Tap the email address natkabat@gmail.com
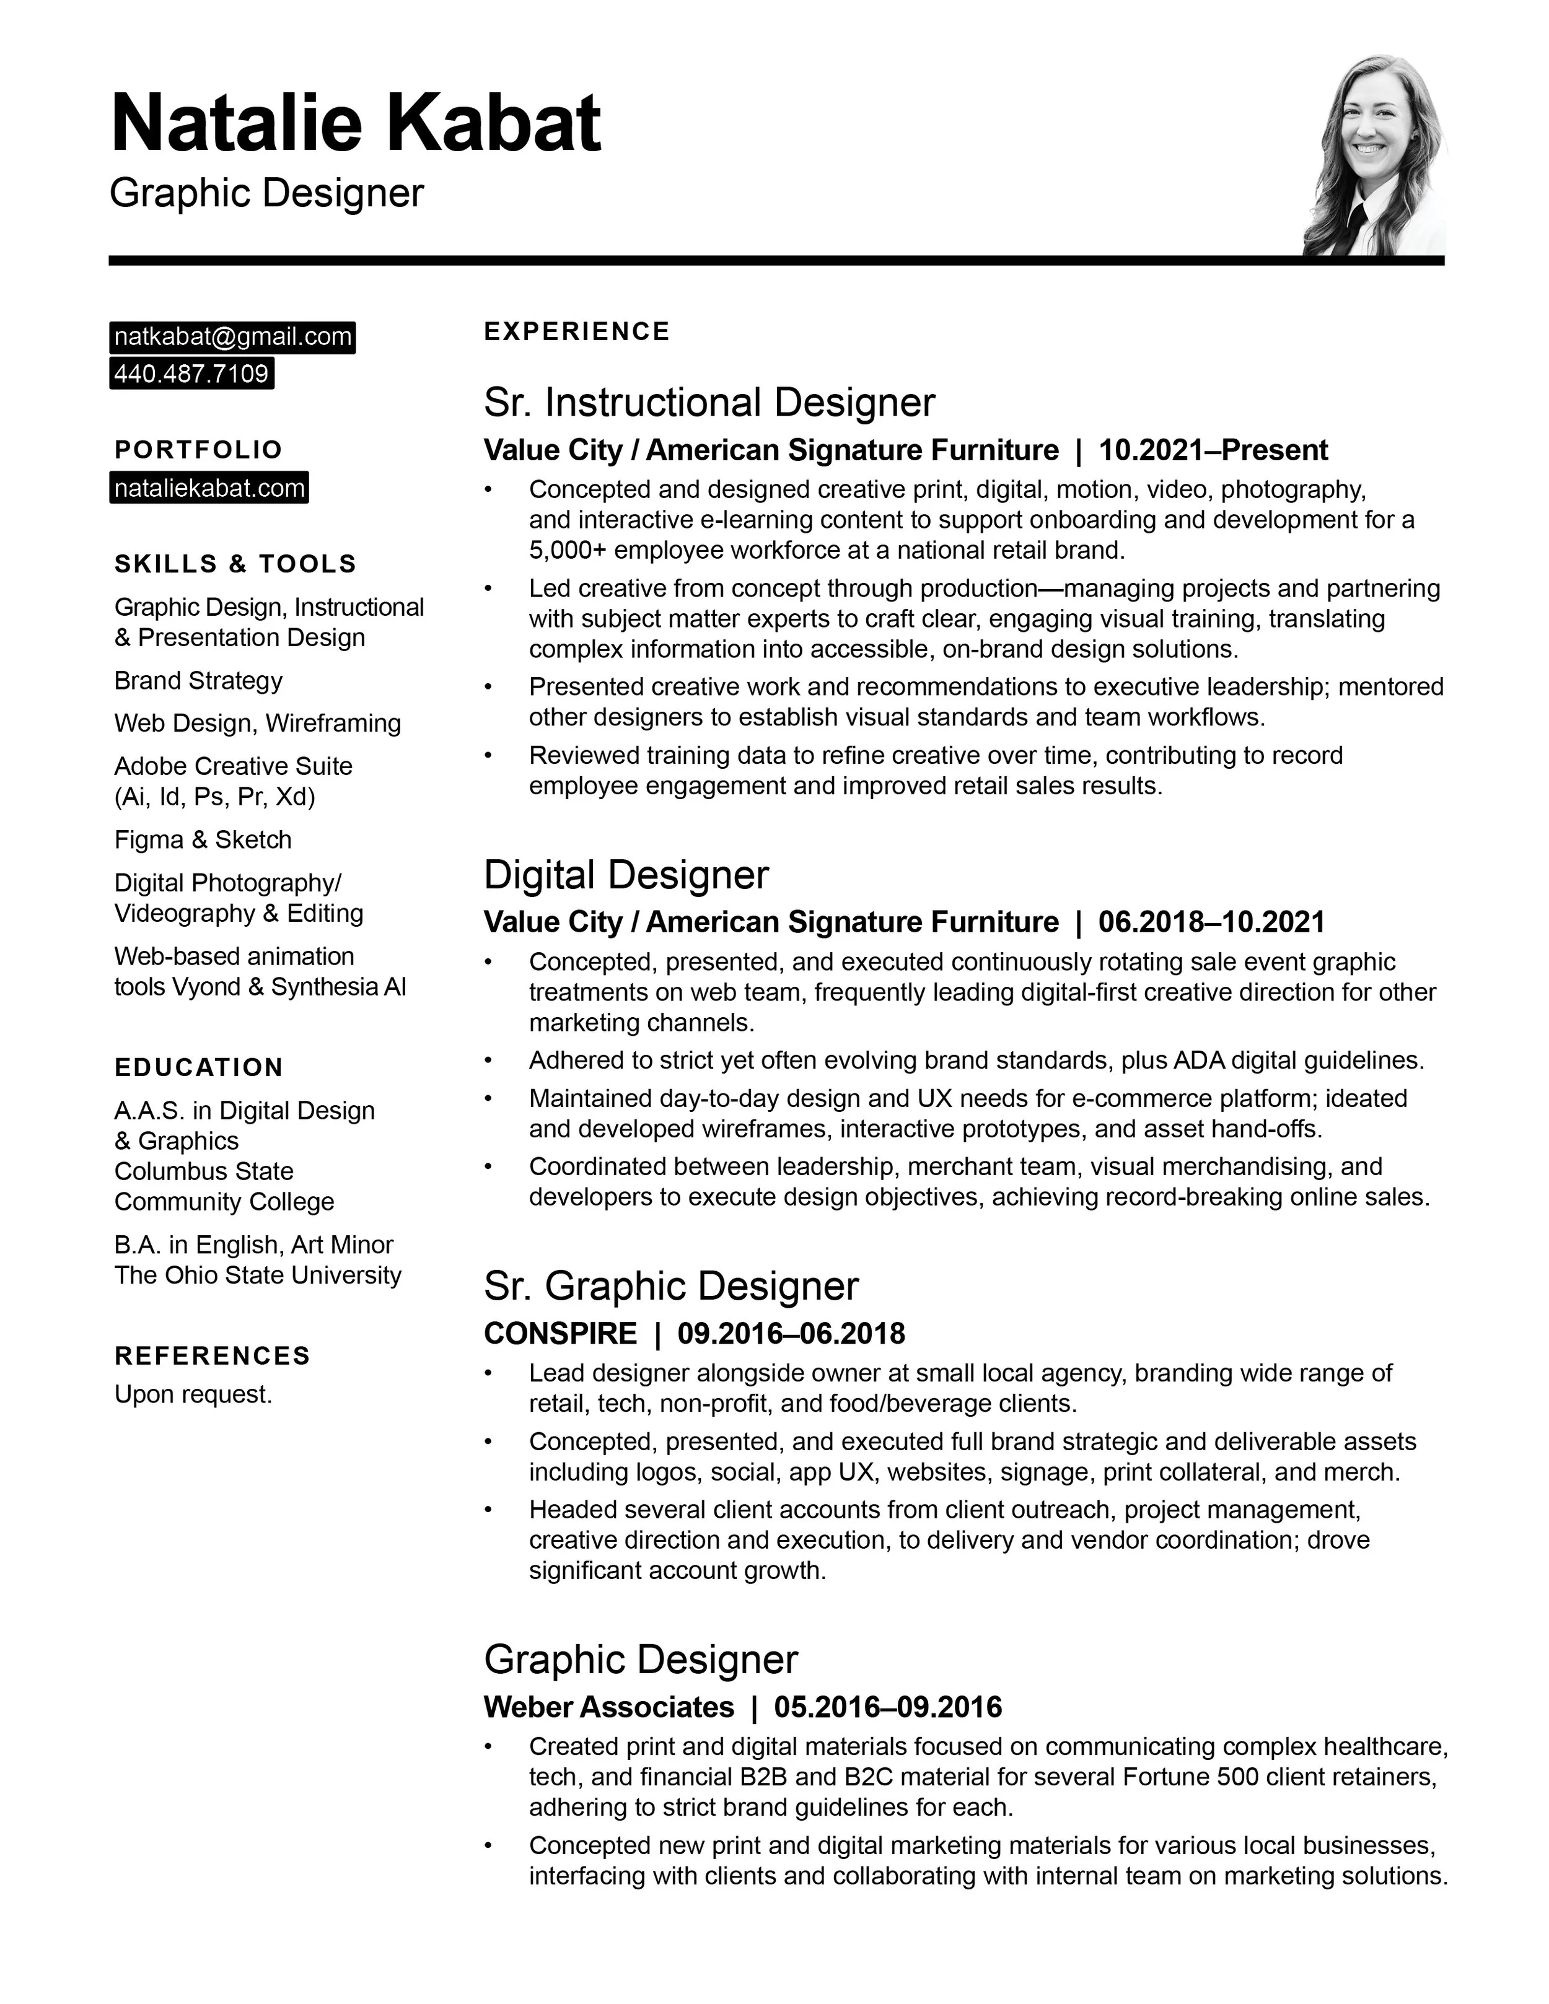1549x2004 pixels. pos(232,337)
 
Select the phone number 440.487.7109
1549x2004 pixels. pos(191,374)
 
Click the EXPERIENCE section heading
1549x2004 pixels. pos(576,331)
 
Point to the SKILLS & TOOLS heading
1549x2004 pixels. pos(235,563)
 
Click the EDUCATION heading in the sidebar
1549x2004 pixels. pos(198,1067)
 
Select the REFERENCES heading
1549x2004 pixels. pos(212,1355)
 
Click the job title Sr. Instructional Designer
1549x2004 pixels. pos(709,402)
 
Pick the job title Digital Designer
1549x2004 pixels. pos(626,875)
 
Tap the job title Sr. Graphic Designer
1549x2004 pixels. pos(671,1285)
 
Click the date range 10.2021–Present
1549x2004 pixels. pos(1213,450)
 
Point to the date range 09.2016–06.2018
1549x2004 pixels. pos(791,1333)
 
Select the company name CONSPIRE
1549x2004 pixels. pos(559,1333)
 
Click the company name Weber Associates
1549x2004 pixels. pos(608,1707)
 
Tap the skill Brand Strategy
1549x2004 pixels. pos(198,680)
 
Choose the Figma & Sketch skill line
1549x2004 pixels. pos(203,839)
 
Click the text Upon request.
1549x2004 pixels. pos(193,1394)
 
